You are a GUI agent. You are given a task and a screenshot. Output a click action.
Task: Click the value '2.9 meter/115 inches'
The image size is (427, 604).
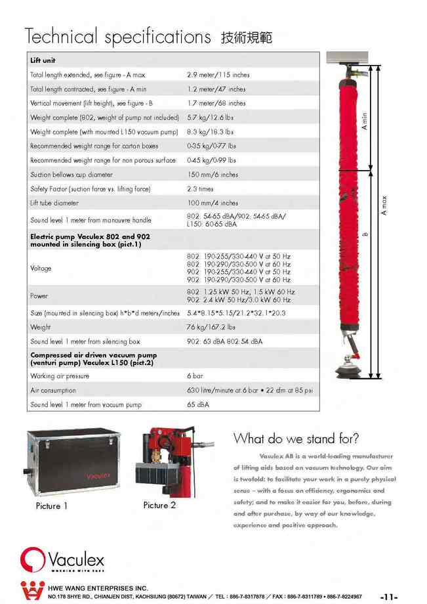pos(218,75)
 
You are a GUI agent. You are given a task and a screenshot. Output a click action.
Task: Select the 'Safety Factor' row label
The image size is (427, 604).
pos(91,189)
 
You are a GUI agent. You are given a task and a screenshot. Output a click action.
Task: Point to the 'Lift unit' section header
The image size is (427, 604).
pos(43,60)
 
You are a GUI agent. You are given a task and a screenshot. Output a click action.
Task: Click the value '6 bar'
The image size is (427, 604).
pos(195,376)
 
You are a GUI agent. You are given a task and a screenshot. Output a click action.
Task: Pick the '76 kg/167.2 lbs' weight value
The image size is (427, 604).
pos(211,327)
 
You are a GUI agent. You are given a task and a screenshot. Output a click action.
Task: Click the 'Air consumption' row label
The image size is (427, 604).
pos(53,391)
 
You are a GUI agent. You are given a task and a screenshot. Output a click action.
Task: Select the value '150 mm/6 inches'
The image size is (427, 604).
pos(213,175)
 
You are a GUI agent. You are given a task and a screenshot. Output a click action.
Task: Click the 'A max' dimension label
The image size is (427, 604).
pos(384,206)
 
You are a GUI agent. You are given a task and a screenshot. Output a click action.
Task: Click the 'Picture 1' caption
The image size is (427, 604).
pos(52,506)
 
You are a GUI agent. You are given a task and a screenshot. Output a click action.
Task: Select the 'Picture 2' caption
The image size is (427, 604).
pos(159,506)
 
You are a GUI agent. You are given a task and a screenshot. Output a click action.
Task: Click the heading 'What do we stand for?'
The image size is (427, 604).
pos(296,439)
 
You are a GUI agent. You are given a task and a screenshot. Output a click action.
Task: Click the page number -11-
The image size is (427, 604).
pos(389,597)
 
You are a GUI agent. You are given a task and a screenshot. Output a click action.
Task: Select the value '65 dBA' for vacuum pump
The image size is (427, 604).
pos(198,404)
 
